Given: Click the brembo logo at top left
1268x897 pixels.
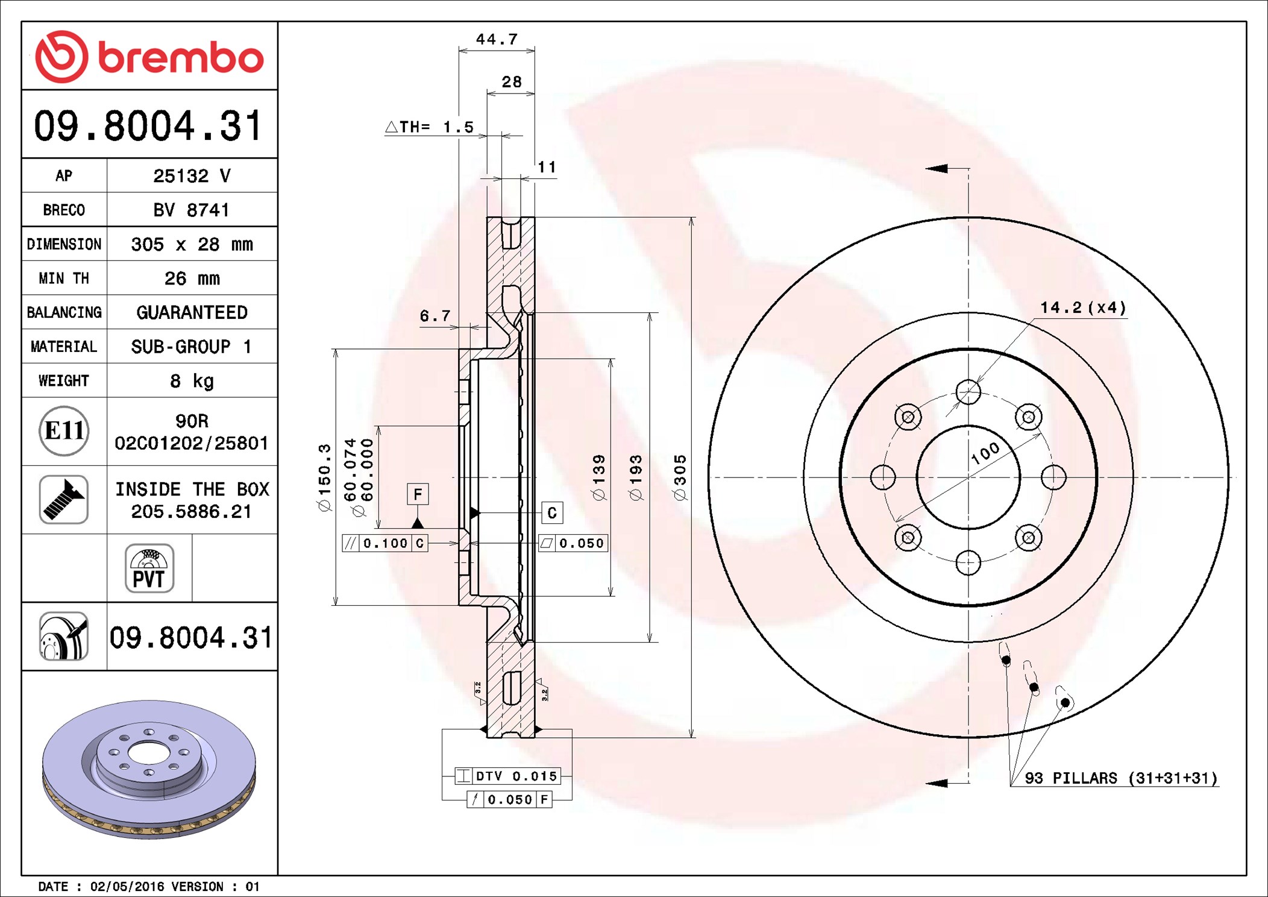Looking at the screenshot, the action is (149, 56).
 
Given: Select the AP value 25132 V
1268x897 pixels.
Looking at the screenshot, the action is (192, 176).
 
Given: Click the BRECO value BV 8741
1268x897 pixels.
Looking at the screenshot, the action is (192, 210).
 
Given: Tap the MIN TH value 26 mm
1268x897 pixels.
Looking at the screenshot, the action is (192, 279).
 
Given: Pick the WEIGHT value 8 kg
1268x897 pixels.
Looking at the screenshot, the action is (192, 381).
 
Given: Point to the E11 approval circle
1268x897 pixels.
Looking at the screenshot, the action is (64, 431).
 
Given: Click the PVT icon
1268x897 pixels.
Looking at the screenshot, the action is (149, 568).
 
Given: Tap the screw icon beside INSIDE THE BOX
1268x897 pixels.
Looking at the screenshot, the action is (64, 500).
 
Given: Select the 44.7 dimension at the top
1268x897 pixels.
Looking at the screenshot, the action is (497, 39).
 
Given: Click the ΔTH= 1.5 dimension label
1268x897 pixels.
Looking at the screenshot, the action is (429, 127).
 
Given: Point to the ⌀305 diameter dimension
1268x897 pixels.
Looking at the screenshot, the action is (680, 477).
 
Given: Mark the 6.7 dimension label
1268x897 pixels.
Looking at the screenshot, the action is (435, 316).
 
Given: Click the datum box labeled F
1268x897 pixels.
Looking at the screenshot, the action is (418, 494).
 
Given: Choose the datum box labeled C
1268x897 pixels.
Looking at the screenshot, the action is (552, 513).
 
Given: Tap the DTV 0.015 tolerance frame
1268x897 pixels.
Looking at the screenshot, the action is (508, 776).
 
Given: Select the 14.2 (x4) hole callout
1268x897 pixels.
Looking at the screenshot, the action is (1083, 307).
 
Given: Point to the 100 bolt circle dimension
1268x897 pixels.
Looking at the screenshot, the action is (985, 453).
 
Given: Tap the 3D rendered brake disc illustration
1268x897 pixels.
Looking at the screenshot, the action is (149, 770).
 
